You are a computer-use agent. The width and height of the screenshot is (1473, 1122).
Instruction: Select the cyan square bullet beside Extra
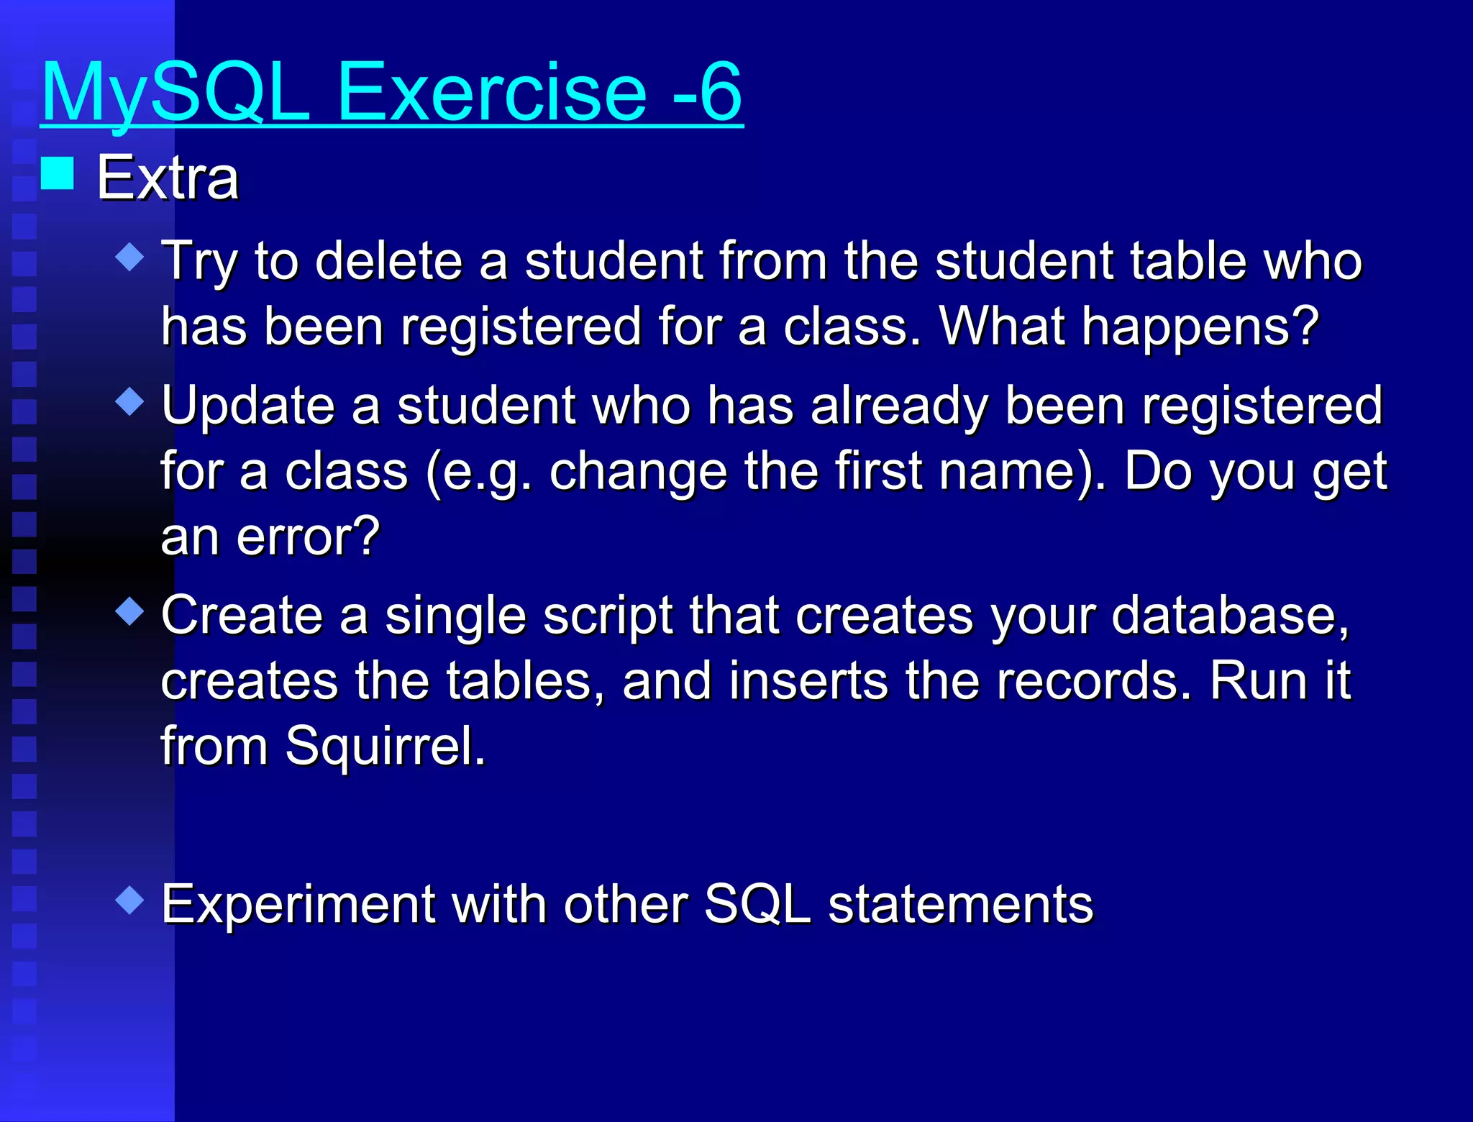pyautogui.click(x=58, y=173)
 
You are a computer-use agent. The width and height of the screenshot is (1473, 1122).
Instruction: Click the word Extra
pyautogui.click(x=168, y=178)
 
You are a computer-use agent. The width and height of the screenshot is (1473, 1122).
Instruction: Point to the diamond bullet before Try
pyautogui.click(x=130, y=257)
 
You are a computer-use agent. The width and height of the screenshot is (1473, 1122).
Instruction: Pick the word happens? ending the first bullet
pyautogui.click(x=1200, y=327)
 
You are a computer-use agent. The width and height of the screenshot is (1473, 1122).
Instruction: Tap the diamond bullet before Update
pyautogui.click(x=130, y=401)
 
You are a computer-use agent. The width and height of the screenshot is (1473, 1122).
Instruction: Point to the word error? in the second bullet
pyautogui.click(x=308, y=537)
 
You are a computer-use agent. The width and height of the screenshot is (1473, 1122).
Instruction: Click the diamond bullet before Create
pyautogui.click(x=130, y=611)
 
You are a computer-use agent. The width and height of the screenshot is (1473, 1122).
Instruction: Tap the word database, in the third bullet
pyautogui.click(x=1230, y=616)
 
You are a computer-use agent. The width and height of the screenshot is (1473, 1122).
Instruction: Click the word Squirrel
pyautogui.click(x=386, y=746)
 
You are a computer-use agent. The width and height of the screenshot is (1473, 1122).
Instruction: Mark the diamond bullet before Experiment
pyautogui.click(x=130, y=900)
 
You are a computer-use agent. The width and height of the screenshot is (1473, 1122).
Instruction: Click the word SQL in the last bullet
pyautogui.click(x=757, y=904)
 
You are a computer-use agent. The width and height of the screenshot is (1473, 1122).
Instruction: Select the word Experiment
pyautogui.click(x=298, y=904)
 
